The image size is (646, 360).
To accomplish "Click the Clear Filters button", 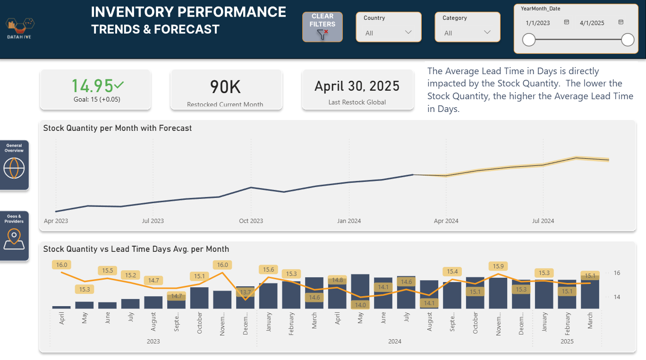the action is coord(323,27).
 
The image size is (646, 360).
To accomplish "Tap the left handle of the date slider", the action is coord(529,40).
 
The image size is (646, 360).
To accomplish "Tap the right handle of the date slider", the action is coord(628,40).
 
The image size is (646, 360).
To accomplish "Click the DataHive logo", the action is coord(20,28).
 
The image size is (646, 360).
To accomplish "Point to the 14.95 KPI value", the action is coord(92,86).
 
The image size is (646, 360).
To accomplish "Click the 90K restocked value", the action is coord(225,87).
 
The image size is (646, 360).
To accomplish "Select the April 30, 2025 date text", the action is coord(357,86).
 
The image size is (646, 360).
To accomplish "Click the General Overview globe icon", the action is coord(14,168).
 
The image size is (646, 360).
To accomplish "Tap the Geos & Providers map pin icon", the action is coord(14,239).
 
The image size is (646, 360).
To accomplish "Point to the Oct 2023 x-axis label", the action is coord(251,221).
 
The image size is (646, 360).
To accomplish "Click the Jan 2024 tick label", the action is coord(349,221).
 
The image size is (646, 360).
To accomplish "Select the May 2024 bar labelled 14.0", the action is coord(360,291).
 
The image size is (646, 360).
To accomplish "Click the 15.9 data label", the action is coord(498,266).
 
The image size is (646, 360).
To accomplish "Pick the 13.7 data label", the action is coord(246,292).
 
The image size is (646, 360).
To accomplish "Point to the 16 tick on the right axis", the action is coord(617,273).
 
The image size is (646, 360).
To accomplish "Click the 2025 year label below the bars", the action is coord(567,342).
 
